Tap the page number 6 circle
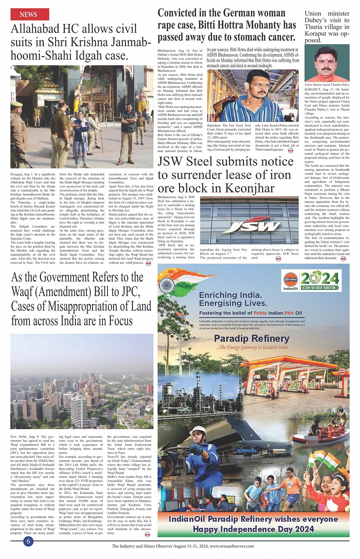click(x=28, y=541)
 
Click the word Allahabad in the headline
click(x=35, y=29)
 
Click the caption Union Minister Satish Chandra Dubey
click(x=327, y=85)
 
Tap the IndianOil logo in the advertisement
click(x=290, y=281)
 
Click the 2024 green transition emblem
click(x=320, y=281)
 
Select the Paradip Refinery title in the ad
click(x=251, y=338)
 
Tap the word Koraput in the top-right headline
click(x=316, y=34)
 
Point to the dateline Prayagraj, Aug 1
click(x=22, y=174)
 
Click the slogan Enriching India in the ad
click(x=230, y=295)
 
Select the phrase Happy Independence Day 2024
click(x=253, y=529)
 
